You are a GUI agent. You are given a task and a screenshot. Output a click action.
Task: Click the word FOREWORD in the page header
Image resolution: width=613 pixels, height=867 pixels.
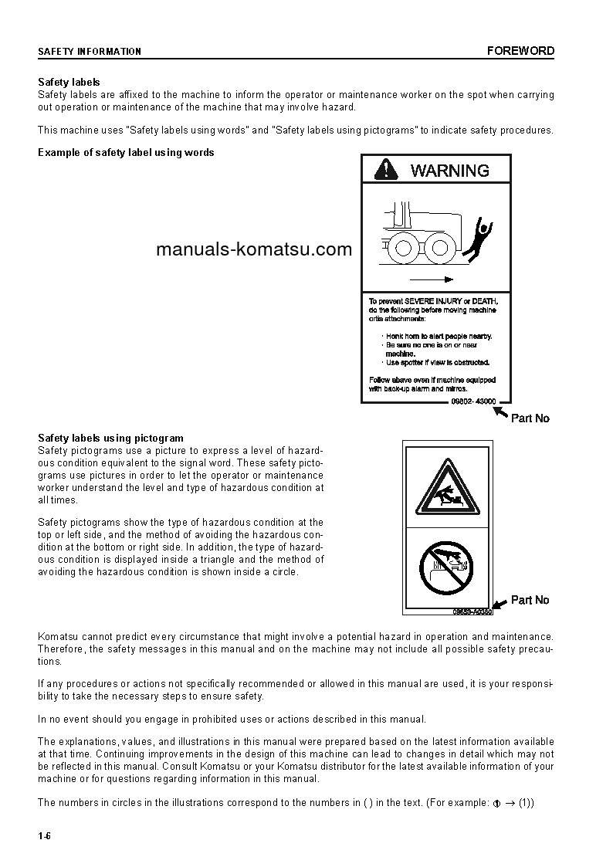[x=520, y=51]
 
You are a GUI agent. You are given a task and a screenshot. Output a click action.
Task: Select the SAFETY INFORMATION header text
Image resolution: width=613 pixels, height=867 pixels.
[x=90, y=52]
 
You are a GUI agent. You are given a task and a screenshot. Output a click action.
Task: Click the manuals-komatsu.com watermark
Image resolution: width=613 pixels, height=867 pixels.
[x=253, y=249]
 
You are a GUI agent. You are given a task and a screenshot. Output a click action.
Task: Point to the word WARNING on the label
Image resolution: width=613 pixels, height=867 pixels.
[x=450, y=171]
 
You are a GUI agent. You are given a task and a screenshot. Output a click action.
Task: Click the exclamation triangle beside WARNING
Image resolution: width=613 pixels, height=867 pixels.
[x=385, y=170]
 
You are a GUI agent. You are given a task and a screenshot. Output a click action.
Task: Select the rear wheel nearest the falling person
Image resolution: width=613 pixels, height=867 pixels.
[x=440, y=248]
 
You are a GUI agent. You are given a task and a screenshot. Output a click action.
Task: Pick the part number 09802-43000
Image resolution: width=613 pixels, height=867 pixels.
[x=473, y=401]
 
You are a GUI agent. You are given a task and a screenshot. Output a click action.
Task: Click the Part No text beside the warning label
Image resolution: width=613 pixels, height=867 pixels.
[x=530, y=418]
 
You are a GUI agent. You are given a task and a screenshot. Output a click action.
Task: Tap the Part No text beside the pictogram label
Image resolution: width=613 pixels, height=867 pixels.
[x=530, y=600]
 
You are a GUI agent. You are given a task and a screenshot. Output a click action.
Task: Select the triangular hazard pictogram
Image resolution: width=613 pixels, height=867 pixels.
[x=445, y=489]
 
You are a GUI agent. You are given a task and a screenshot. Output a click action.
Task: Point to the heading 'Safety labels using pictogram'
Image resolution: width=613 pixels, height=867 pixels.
[x=110, y=439]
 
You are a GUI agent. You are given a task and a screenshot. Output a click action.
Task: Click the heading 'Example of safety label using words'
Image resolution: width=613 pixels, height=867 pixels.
[x=126, y=152]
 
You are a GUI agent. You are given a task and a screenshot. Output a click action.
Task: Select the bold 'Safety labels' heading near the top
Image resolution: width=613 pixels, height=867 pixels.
[x=69, y=82]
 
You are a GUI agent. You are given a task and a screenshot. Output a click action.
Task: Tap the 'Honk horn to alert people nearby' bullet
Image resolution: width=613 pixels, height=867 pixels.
[x=439, y=337]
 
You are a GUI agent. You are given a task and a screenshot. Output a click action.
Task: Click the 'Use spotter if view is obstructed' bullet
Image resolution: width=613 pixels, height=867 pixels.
[x=438, y=362]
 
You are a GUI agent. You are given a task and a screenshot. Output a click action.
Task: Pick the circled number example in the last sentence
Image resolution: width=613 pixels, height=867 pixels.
[x=497, y=803]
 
